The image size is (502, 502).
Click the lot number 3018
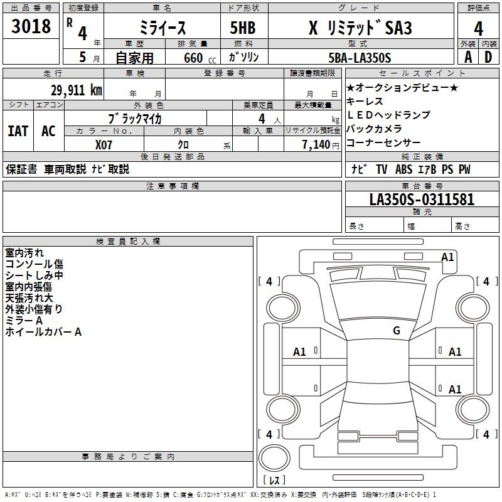tap(31, 27)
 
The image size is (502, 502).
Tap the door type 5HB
tap(242, 28)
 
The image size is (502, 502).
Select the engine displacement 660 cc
tap(193, 58)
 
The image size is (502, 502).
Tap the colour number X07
tap(105, 144)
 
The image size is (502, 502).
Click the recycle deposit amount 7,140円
tap(320, 144)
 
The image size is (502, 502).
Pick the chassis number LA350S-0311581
tap(422, 200)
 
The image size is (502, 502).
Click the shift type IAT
tap(18, 131)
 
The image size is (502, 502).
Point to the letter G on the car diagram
tap(396, 331)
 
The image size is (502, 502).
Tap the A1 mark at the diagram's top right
tap(447, 257)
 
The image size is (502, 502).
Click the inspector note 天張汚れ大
tap(29, 297)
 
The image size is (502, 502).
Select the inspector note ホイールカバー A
tap(43, 331)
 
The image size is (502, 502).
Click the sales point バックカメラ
tap(374, 129)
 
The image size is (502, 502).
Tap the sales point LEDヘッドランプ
tap(388, 115)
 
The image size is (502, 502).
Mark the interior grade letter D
tap(488, 58)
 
